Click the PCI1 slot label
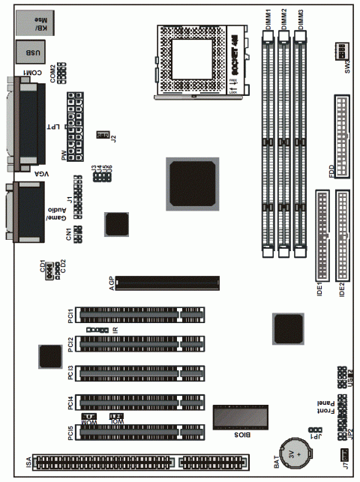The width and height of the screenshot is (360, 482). [x=70, y=315]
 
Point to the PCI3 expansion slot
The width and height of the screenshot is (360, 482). [x=141, y=371]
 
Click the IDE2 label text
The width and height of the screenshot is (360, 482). [x=343, y=289]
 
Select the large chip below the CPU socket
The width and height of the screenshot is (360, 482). [x=192, y=182]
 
